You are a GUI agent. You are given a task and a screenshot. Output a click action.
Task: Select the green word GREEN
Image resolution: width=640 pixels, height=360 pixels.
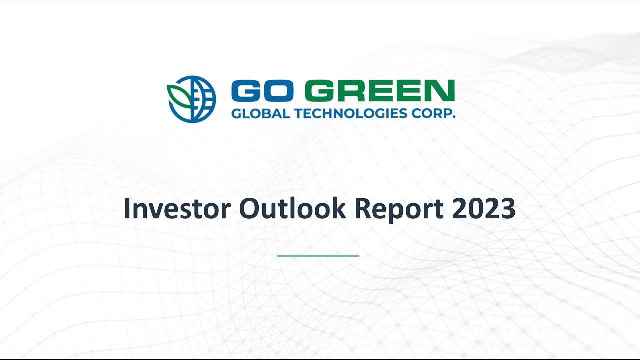pyautogui.click(x=380, y=91)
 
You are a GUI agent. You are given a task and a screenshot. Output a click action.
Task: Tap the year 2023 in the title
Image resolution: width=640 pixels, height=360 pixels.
pyautogui.click(x=484, y=209)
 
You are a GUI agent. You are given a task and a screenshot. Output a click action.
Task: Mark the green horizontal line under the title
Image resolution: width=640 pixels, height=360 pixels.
pyautogui.click(x=318, y=256)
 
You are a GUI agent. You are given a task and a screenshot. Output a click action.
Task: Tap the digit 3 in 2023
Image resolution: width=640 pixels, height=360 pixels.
pyautogui.click(x=507, y=209)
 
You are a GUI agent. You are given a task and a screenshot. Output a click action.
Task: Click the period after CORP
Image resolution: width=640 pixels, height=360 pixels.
pyautogui.click(x=454, y=117)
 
